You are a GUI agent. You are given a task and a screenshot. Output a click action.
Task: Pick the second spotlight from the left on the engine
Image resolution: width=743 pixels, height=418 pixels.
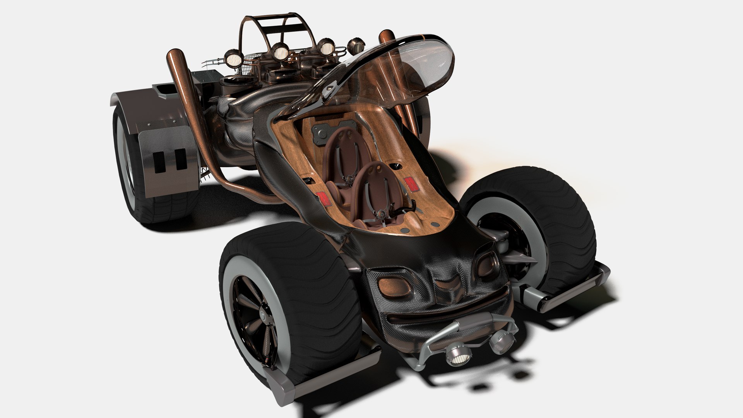[x=279, y=51]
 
